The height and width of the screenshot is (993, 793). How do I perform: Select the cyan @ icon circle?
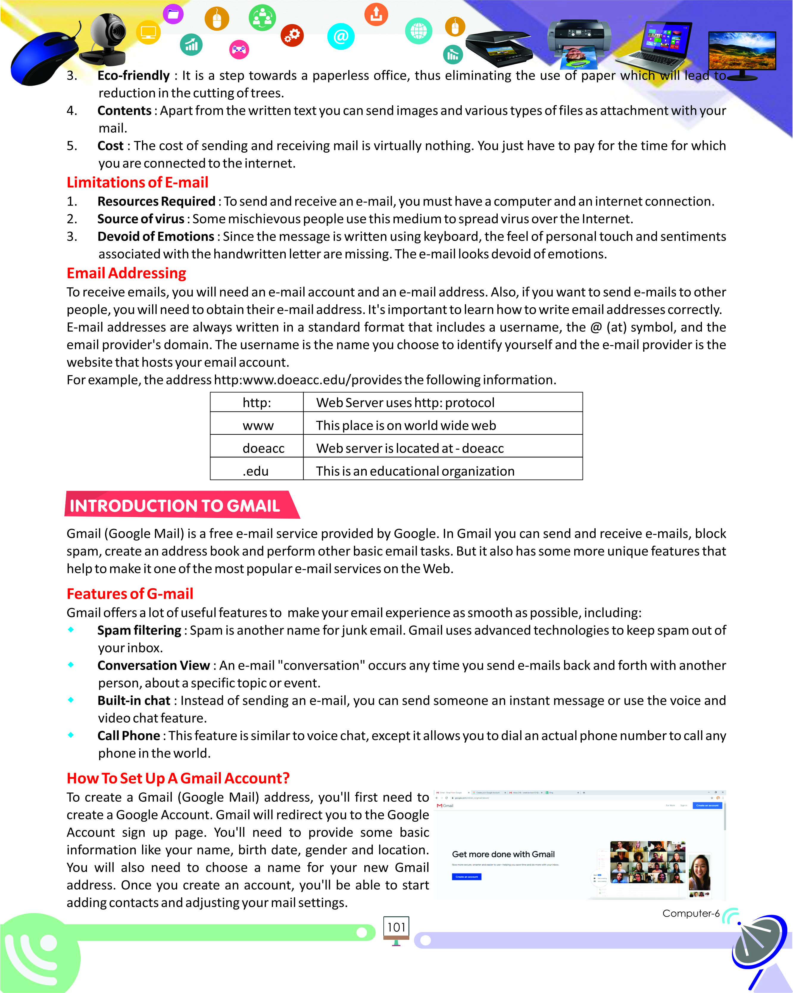[x=341, y=36]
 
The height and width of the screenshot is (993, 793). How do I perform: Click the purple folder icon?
[x=173, y=14]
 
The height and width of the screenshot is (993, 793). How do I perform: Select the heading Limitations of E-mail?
[x=137, y=182]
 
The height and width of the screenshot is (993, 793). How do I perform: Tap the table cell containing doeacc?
[x=263, y=448]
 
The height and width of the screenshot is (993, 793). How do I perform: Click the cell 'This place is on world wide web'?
[x=405, y=425]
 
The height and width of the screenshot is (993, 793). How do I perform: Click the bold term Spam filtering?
[x=139, y=630]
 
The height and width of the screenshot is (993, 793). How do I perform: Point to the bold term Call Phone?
[x=129, y=736]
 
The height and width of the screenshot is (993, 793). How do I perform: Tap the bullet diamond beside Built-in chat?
[x=71, y=700]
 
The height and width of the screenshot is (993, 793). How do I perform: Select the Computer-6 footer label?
[x=690, y=913]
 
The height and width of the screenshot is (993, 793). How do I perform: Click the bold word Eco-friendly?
[x=134, y=76]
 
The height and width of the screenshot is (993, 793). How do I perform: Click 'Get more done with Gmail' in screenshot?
[x=503, y=854]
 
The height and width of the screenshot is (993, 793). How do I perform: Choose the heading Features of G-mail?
[x=130, y=594]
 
